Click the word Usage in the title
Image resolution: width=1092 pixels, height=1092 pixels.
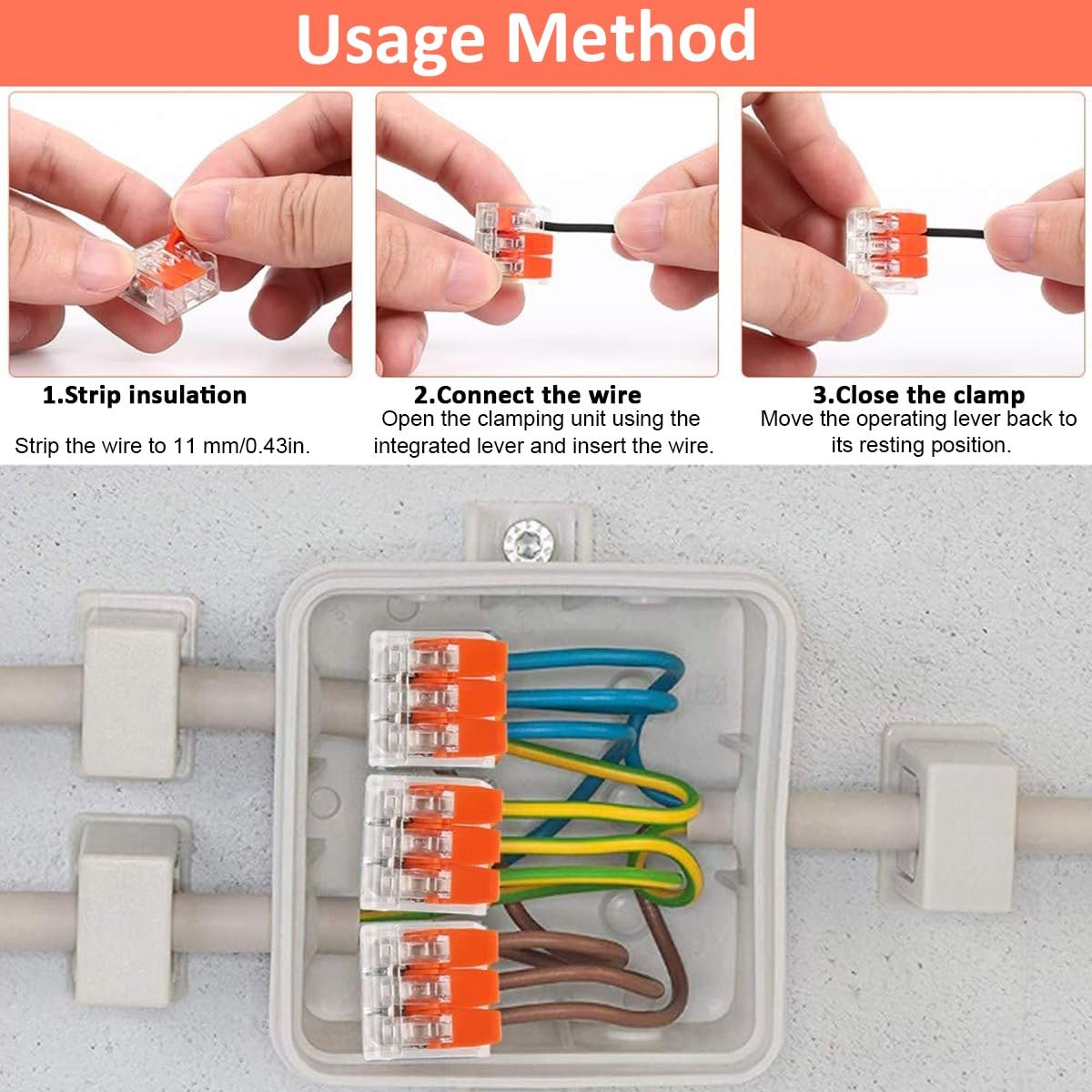[390, 41]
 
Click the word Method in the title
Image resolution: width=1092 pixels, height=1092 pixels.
[631, 35]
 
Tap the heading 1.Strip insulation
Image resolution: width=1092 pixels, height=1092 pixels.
[145, 395]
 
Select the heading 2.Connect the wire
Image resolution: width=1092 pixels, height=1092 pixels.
[528, 395]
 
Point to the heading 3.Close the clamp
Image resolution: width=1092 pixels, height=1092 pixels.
[918, 395]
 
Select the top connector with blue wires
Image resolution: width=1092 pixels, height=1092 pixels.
[438, 700]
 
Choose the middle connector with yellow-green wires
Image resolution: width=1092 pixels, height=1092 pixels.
[432, 844]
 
